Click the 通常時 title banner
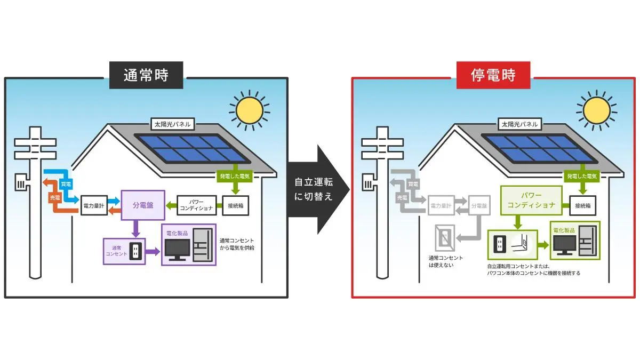(146, 75)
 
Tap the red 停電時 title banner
(493, 75)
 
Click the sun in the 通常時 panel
(250, 110)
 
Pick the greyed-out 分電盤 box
(478, 205)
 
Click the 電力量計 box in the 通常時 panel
(94, 205)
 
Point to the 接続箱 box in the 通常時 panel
(235, 205)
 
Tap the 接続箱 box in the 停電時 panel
(583, 205)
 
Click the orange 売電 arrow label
(55, 197)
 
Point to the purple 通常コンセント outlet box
(124, 251)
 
